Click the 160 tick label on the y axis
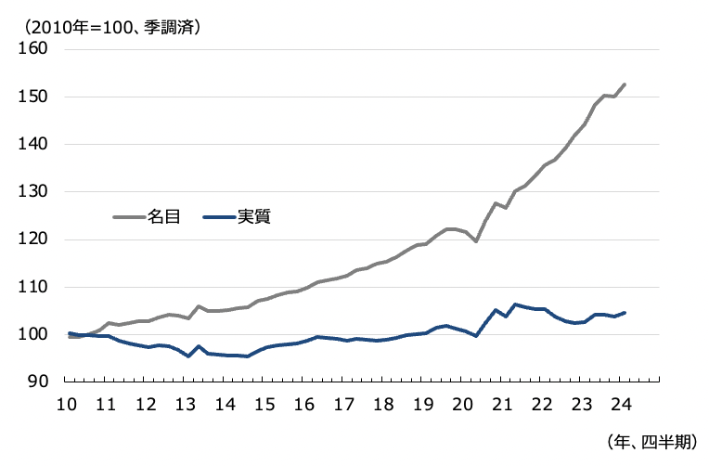33,49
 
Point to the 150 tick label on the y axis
33,97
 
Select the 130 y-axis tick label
33,192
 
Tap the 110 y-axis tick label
33,287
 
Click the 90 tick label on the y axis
38,382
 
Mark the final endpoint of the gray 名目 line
625,84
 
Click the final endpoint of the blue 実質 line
625,313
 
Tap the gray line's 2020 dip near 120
476,241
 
